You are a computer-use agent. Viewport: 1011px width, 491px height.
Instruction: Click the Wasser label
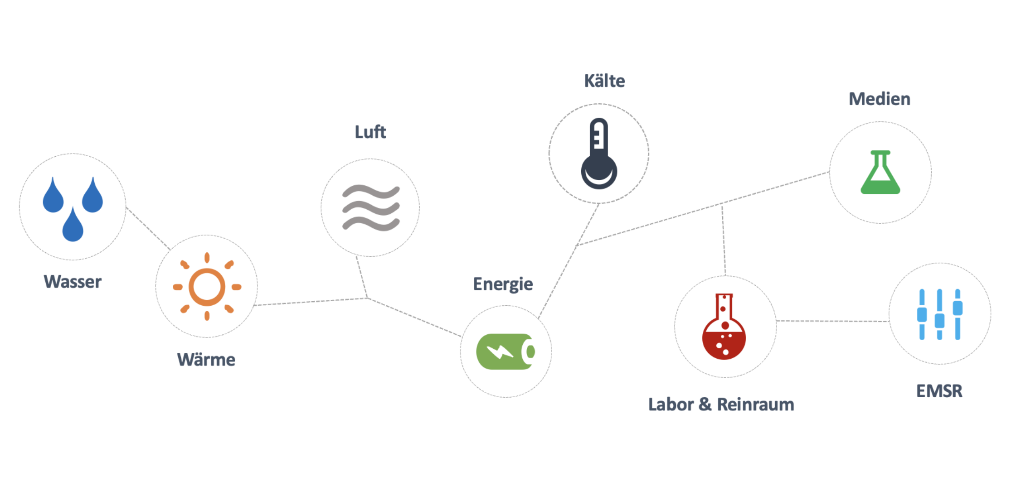[73, 282]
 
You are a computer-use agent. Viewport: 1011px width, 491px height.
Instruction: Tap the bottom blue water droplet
[73, 225]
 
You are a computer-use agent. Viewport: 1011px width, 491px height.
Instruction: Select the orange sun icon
[207, 286]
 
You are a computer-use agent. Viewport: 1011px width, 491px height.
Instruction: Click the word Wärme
[206, 360]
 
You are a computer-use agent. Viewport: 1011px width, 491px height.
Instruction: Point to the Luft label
[370, 132]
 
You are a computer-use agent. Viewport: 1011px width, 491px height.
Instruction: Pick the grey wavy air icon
[371, 208]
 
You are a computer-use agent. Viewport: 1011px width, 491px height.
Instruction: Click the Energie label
[503, 284]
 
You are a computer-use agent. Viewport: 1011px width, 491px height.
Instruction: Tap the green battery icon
[505, 351]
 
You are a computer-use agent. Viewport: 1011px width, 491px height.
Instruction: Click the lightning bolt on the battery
[500, 351]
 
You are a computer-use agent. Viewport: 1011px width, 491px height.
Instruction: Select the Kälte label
[604, 81]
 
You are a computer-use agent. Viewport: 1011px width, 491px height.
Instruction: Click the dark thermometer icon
[599, 154]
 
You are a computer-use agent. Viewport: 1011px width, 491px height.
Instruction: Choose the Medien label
[880, 99]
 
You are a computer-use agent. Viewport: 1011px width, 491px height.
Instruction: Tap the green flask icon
[880, 173]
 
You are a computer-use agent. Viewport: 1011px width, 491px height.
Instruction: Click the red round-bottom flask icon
[724, 327]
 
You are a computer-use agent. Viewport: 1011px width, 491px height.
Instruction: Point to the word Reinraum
[755, 404]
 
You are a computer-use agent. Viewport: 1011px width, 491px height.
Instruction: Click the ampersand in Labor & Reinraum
[705, 404]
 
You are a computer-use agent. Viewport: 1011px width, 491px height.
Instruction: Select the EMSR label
[939, 391]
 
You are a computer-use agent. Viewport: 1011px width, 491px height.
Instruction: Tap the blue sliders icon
[940, 314]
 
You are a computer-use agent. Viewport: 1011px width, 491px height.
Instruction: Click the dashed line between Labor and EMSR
[832, 321]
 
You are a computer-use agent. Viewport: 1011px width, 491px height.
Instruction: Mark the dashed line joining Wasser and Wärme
[148, 229]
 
